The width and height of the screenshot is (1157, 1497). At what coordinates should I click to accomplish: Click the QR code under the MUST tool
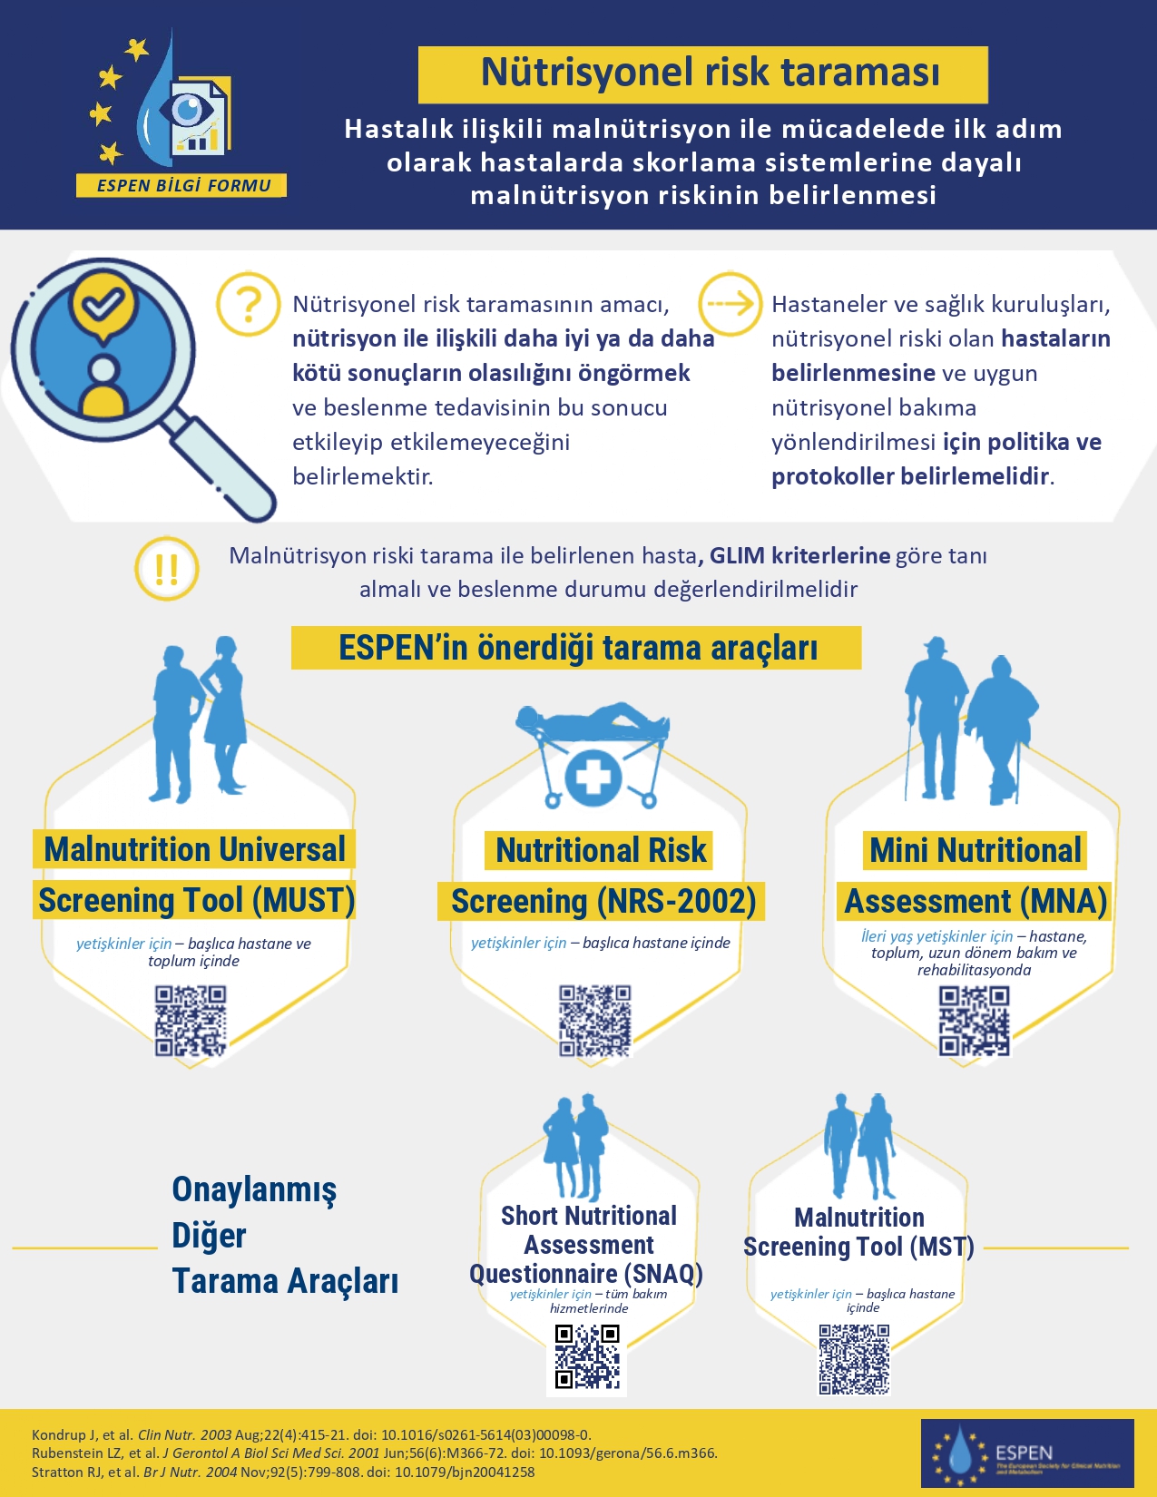(191, 1021)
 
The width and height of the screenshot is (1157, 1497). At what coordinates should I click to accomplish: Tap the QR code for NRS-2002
(594, 1021)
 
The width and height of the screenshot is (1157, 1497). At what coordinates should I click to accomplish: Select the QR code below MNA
(974, 1022)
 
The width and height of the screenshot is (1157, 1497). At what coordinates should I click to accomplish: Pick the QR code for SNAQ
(587, 1357)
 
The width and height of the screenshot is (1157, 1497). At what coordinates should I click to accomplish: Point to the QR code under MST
(854, 1358)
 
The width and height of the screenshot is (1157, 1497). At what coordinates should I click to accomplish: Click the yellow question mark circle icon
(248, 304)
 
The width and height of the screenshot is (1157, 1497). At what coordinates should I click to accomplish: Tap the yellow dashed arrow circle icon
(730, 303)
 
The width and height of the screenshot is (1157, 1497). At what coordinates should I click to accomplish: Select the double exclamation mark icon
(167, 569)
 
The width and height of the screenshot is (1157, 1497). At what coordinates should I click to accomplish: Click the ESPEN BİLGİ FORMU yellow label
(182, 186)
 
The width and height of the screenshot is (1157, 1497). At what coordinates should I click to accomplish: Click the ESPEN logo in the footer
(1027, 1453)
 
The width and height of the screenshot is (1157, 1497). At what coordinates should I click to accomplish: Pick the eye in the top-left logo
(189, 109)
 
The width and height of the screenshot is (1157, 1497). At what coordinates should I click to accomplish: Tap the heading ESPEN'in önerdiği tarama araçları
(577, 648)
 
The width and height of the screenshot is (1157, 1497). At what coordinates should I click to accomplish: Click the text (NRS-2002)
(676, 902)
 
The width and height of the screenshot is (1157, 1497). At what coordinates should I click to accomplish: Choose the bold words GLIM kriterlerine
(799, 555)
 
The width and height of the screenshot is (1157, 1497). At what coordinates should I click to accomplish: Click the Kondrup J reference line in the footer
(311, 1434)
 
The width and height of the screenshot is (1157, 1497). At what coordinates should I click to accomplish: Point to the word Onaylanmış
(254, 1189)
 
